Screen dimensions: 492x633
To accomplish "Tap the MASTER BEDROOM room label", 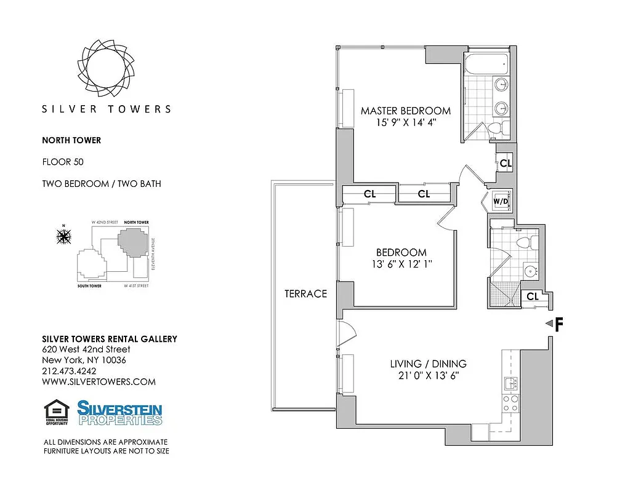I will [x=406, y=111].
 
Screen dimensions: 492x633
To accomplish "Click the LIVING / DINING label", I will [x=428, y=363].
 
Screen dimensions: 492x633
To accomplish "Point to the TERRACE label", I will [x=305, y=294].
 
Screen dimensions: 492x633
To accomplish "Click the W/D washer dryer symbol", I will [x=500, y=200].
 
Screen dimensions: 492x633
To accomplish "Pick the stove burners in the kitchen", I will [x=510, y=403].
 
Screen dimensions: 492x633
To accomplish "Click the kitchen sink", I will [x=510, y=384].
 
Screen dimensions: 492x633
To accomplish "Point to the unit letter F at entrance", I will [x=559, y=325].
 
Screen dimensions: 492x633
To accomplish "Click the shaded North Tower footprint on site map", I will [x=134, y=244].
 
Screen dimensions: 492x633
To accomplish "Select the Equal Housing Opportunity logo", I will [x=56, y=413].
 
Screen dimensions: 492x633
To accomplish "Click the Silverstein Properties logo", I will [x=119, y=413].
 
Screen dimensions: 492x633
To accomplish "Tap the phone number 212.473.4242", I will [x=69, y=371].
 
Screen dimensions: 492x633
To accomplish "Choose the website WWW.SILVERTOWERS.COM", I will [x=99, y=382].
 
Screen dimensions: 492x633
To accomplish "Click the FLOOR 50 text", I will [x=62, y=162].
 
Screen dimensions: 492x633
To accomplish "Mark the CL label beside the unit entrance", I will [x=533, y=296].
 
